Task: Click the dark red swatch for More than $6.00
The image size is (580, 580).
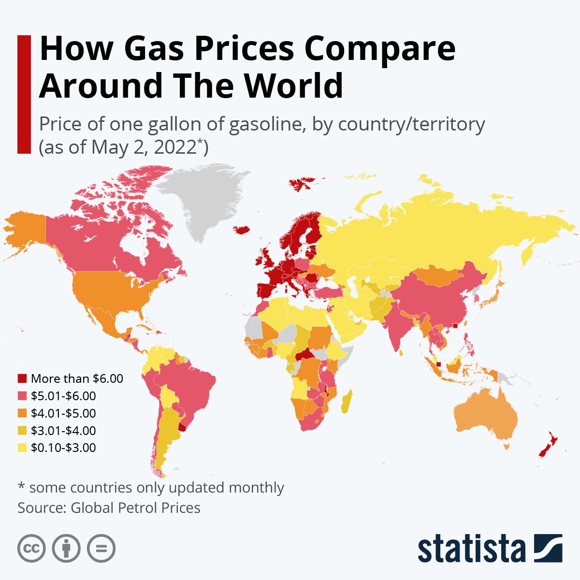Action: pyautogui.click(x=22, y=378)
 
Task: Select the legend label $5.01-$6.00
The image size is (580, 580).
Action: pyautogui.click(x=63, y=396)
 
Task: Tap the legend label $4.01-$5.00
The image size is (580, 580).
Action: pyautogui.click(x=63, y=413)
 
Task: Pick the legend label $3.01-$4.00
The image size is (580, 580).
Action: pyautogui.click(x=63, y=431)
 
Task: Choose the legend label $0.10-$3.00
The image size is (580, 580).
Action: pyautogui.click(x=63, y=448)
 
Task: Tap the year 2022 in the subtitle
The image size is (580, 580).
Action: pyautogui.click(x=175, y=147)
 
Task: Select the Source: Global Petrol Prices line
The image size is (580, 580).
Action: pyautogui.click(x=109, y=508)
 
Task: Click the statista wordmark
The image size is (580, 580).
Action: pyautogui.click(x=471, y=549)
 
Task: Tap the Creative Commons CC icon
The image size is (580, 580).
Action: pyautogui.click(x=31, y=549)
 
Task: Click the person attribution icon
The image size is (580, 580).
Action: pyautogui.click(x=66, y=549)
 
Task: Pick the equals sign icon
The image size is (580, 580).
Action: pyautogui.click(x=101, y=549)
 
